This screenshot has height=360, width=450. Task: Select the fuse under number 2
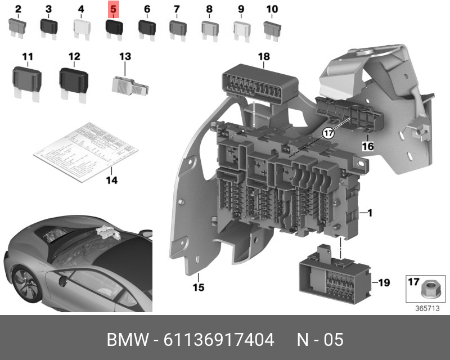(x=17, y=26)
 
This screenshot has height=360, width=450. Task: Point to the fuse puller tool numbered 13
(x=129, y=84)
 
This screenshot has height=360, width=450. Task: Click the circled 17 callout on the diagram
(x=328, y=133)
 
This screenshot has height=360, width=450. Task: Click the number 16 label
(x=367, y=146)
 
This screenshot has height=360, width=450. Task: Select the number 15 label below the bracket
(x=198, y=287)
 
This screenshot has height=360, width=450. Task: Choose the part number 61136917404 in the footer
(x=219, y=340)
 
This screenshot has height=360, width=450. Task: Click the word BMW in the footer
(x=127, y=340)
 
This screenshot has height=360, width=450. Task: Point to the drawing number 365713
(x=426, y=308)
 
